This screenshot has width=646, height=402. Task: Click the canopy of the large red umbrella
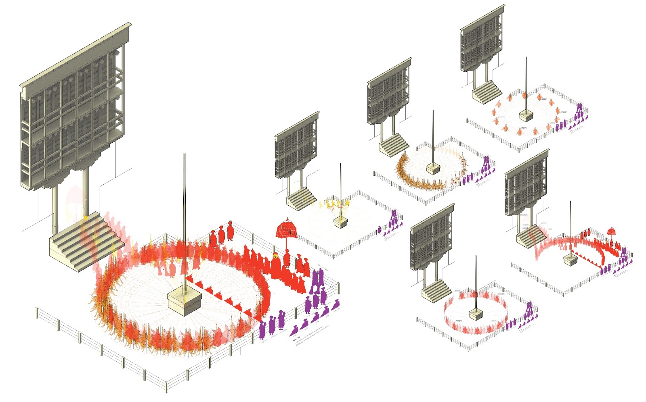(287, 229)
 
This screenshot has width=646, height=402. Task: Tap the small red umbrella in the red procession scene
(611, 231)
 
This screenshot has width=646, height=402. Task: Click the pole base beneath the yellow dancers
(341, 222)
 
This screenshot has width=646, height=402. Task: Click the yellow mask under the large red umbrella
(275, 255)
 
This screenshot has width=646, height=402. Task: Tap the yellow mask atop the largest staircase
(86, 218)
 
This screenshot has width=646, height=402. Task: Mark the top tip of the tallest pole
(185, 154)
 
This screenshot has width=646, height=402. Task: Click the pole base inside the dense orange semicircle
(433, 169)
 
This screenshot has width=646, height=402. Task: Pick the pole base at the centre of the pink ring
(476, 314)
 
